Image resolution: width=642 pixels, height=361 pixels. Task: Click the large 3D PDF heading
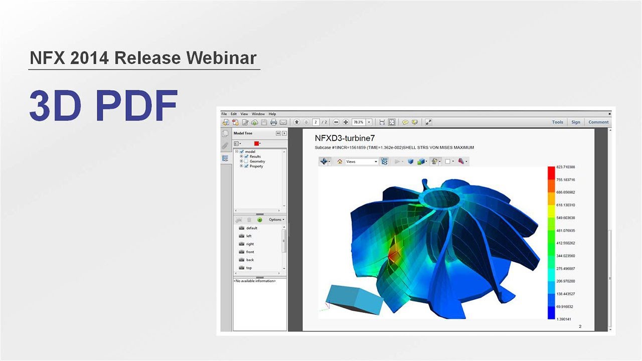click(103, 106)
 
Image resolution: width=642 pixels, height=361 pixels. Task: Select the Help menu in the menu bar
click(272, 114)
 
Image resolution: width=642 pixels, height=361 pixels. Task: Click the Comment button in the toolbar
click(598, 122)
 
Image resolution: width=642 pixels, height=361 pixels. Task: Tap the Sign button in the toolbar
click(575, 122)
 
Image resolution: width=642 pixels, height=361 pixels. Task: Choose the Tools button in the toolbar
click(557, 122)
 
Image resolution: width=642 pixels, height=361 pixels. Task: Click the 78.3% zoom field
click(359, 122)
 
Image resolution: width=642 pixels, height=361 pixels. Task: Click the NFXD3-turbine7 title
click(345, 138)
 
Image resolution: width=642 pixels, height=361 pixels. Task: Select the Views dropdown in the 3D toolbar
click(361, 161)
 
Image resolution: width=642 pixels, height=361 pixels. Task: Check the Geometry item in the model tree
click(257, 161)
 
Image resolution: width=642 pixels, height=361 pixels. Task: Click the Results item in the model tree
click(255, 156)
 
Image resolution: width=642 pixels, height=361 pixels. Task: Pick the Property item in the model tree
click(256, 166)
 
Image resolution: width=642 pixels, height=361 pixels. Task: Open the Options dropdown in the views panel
click(276, 220)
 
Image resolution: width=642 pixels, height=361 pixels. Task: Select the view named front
click(250, 252)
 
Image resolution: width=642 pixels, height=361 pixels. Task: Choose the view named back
click(250, 260)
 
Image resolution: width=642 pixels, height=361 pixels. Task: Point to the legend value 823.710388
click(565, 167)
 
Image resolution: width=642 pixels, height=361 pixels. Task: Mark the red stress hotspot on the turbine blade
click(394, 256)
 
